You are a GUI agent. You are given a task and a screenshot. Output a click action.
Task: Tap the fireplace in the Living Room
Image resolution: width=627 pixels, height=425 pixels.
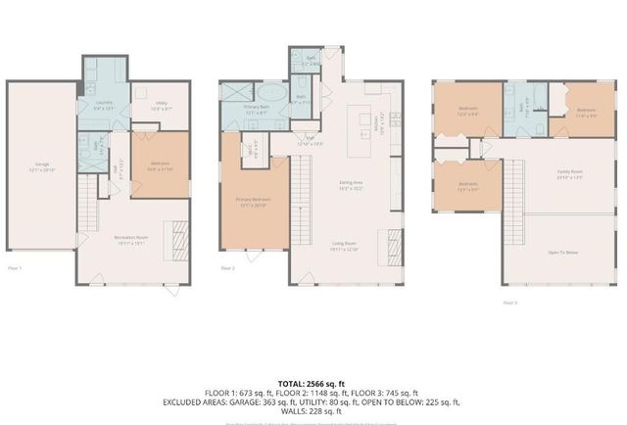[x=395, y=241]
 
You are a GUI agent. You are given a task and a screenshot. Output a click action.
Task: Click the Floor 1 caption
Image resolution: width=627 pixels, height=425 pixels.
[x=15, y=266]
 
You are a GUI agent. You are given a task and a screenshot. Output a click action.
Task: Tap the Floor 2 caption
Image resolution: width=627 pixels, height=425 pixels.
[x=227, y=266]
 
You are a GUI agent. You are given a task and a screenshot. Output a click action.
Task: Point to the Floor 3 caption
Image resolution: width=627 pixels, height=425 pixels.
[x=509, y=303]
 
